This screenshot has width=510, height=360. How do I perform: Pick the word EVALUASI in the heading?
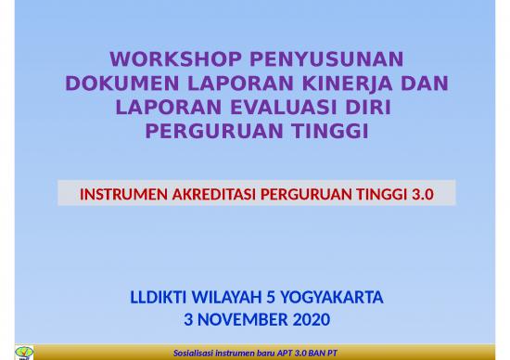(284, 108)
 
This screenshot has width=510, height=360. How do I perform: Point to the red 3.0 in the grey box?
(422, 195)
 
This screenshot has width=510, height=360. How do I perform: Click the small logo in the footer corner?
(25, 352)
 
